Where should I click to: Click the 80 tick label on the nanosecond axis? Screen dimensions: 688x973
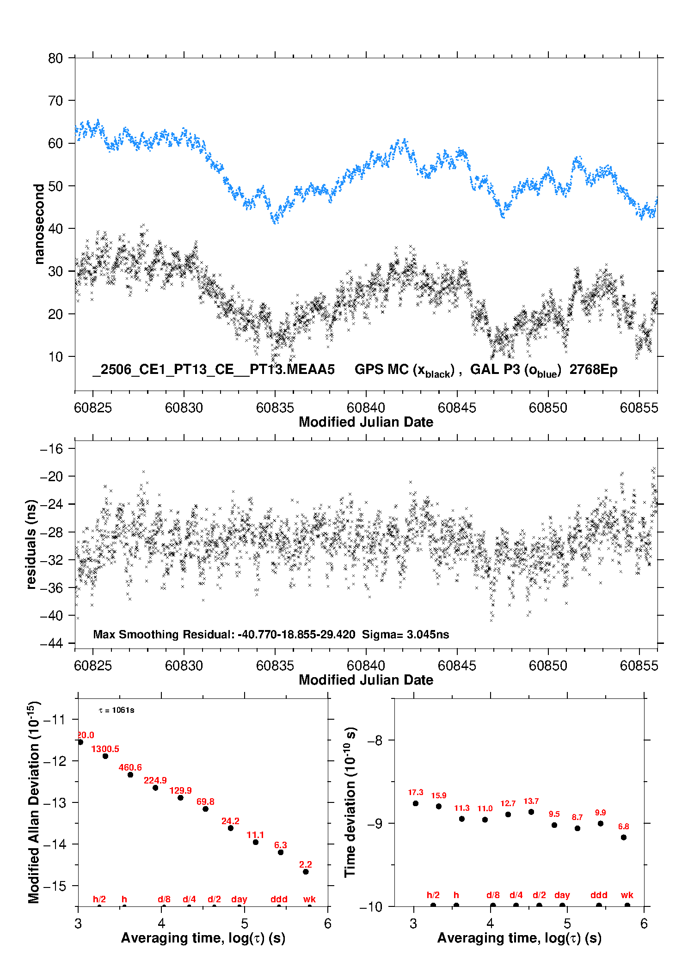tap(55, 58)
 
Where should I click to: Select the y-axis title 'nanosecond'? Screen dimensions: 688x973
tap(39, 224)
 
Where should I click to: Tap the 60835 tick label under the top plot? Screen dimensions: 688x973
tap(275, 408)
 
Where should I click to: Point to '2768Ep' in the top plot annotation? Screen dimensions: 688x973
tap(593, 369)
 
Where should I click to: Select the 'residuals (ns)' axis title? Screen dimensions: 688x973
tap(31, 544)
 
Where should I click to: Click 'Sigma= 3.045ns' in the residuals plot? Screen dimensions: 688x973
tap(405, 634)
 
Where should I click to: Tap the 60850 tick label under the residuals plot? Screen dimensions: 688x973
tap(548, 666)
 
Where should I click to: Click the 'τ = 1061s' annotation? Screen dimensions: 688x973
tap(117, 710)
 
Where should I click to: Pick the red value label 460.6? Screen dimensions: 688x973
tap(130, 767)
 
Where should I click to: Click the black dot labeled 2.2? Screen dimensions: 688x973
tap(306, 872)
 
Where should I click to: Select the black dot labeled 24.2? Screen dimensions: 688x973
tap(231, 828)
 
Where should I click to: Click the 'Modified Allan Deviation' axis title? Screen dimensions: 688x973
tap(34, 802)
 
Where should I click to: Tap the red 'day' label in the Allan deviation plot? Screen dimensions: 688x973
tap(239, 899)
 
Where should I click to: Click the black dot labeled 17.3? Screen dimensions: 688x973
tap(416, 803)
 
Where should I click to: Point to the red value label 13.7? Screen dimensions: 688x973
tap(531, 801)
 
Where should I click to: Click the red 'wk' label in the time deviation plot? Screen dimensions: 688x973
tap(627, 895)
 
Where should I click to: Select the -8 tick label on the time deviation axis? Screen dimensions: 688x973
tap(375, 740)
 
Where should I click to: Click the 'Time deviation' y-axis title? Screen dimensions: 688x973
tap(350, 802)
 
